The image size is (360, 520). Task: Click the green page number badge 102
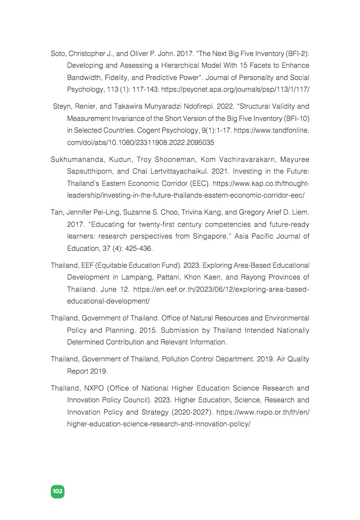pos(57,491)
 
